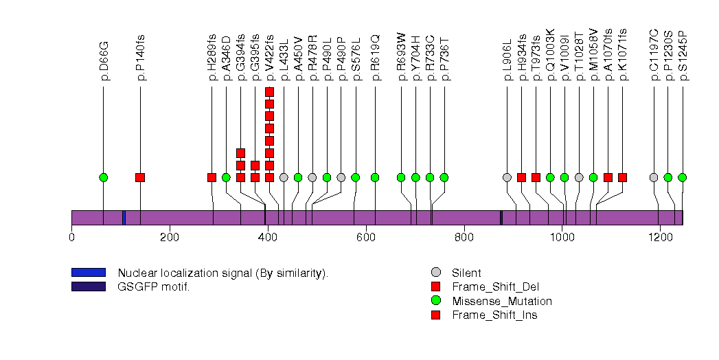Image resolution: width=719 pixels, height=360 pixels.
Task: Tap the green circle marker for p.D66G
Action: [104, 177]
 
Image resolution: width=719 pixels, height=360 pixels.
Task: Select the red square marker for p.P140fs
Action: [140, 177]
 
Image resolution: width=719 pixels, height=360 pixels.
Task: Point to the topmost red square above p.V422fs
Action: [269, 92]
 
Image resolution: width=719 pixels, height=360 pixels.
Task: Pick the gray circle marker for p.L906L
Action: [507, 177]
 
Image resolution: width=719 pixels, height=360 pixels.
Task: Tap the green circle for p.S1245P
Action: [682, 177]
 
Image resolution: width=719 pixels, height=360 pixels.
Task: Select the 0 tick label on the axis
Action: [71, 238]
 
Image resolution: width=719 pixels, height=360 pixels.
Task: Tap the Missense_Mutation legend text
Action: [501, 301]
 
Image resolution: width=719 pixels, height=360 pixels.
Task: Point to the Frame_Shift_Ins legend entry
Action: [494, 315]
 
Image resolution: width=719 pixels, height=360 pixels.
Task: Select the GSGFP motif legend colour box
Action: [89, 286]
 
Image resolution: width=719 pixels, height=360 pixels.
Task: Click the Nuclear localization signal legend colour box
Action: [89, 273]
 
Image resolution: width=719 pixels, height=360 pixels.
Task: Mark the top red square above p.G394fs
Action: [240, 153]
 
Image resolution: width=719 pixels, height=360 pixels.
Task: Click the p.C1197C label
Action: [654, 55]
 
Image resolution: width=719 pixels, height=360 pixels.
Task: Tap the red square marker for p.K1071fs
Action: [622, 177]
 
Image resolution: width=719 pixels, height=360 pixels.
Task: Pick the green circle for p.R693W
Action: [401, 177]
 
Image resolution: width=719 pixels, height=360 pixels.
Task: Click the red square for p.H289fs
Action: [212, 177]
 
